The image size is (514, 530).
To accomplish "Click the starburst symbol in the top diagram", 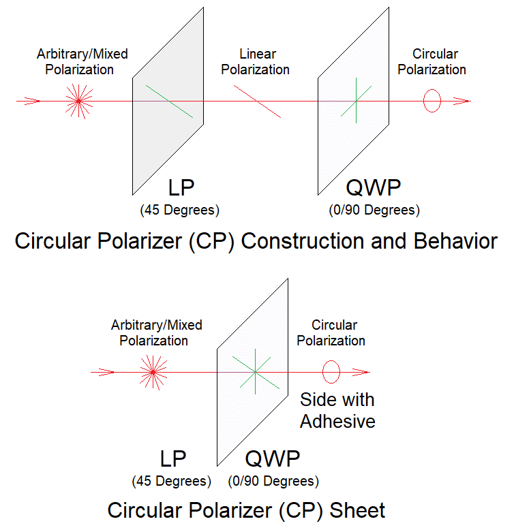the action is (79, 101).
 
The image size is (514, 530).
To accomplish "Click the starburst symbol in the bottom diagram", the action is (153, 372).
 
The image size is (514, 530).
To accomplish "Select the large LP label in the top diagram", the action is (181, 187).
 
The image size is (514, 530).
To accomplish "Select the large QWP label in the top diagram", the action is (374, 187).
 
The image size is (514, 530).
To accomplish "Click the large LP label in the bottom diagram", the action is (172, 458).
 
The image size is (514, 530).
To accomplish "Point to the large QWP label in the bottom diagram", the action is (273, 458).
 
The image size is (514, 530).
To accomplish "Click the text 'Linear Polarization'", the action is (256, 62).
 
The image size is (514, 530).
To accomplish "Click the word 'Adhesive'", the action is (337, 422).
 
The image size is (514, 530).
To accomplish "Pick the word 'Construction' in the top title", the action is (303, 241).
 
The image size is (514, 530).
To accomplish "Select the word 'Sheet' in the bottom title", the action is (357, 510).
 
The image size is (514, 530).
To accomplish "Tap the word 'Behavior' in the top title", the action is (455, 241).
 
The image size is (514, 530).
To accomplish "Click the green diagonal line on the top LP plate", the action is (170, 102).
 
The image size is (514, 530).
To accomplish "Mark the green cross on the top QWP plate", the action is (356, 101).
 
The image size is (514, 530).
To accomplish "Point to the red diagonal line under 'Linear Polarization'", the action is (257, 102).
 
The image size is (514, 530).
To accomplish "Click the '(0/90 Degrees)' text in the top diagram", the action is (374, 211).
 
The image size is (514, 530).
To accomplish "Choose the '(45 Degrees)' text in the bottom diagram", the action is (171, 482).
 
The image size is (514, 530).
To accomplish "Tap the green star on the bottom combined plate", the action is (256, 372).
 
